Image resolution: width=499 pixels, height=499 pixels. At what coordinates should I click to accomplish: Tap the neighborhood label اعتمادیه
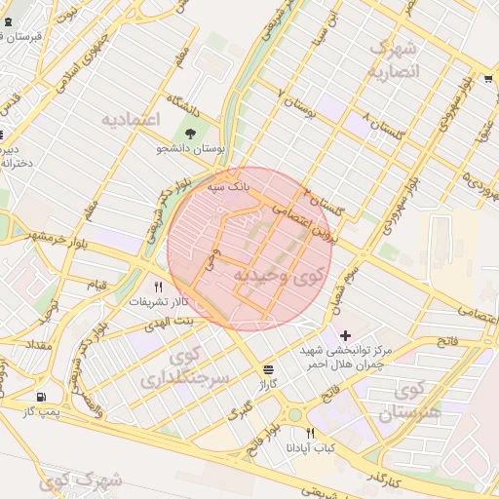click(x=130, y=119)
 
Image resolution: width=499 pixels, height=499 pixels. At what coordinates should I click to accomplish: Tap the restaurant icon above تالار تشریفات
click(x=158, y=286)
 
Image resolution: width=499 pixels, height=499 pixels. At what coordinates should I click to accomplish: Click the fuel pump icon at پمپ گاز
click(x=40, y=397)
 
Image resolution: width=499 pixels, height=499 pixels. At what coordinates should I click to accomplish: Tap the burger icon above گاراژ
click(x=268, y=369)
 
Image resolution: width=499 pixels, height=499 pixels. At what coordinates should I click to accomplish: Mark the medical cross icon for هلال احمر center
click(x=345, y=335)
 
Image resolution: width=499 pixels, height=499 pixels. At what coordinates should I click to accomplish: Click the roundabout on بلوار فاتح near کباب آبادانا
click(x=293, y=414)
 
